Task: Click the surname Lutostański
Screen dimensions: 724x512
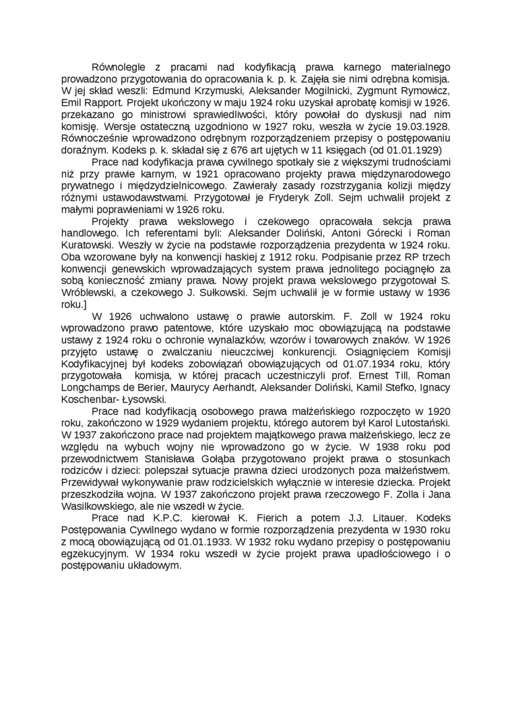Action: (x=413, y=424)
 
